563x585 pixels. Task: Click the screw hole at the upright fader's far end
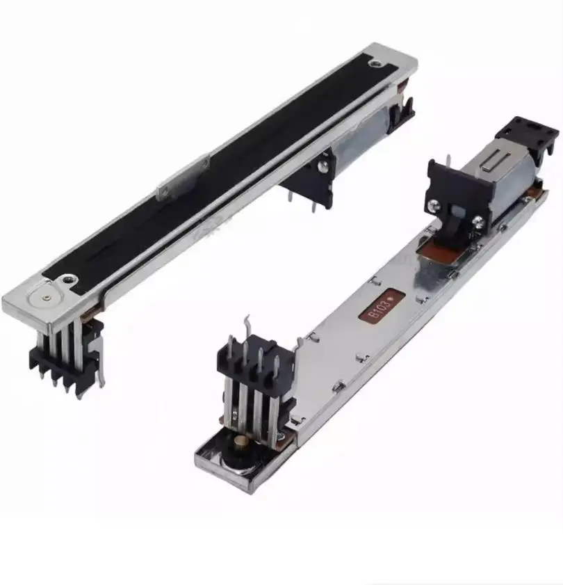point(376,63)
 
